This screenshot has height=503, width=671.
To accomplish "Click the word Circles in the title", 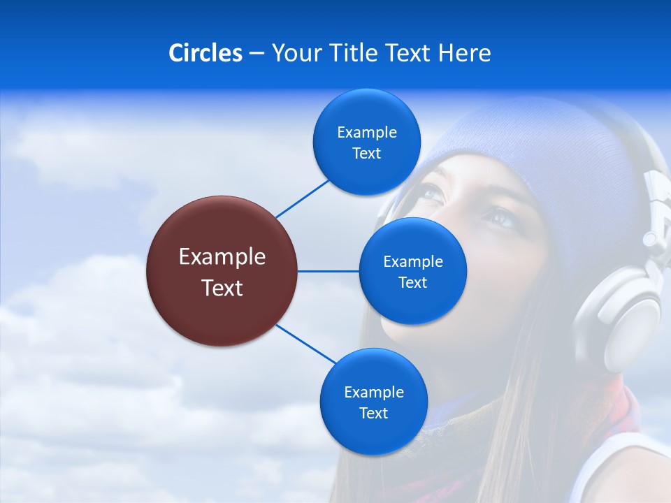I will [x=205, y=53].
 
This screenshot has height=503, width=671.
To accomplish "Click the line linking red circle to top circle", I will [x=302, y=198].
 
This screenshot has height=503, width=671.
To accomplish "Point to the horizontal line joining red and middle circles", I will [x=328, y=271].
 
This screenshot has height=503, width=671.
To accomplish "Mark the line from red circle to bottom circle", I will [x=306, y=343].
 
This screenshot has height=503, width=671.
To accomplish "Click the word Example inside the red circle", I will [x=222, y=257].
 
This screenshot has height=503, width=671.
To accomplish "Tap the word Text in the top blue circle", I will [x=366, y=154].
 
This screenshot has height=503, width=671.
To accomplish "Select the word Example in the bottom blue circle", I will [x=373, y=393].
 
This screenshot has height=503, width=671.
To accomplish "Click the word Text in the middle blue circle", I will [x=412, y=283].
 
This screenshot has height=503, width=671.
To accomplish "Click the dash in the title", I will [x=256, y=53].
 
